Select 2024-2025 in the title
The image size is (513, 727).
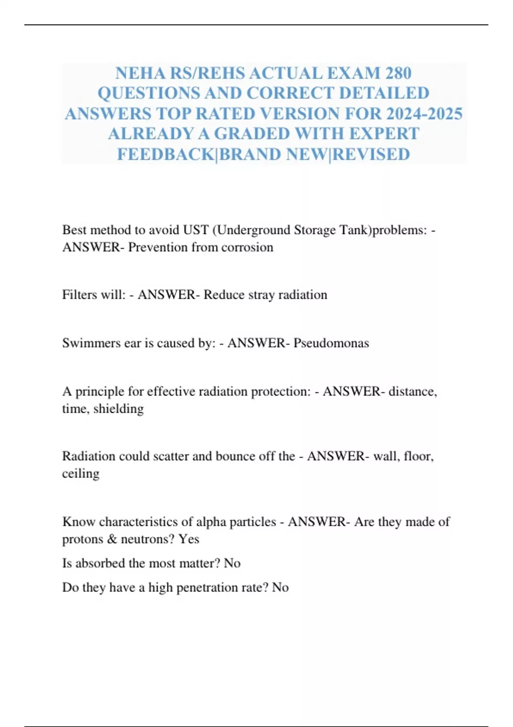[x=424, y=114]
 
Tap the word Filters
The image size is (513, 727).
[x=79, y=295]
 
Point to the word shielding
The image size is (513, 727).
[x=118, y=409]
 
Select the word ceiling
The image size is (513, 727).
[x=80, y=474]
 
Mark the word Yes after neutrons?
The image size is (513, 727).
[x=189, y=539]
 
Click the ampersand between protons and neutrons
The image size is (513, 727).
[x=112, y=539]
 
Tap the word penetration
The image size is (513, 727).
[x=207, y=588]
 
